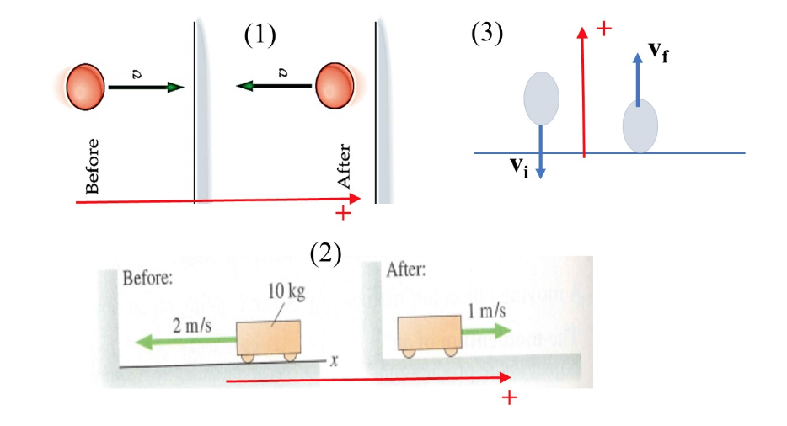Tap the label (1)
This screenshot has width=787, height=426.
coord(260,35)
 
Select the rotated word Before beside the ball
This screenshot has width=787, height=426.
coord(93,165)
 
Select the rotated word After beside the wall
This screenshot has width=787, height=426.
coord(343,166)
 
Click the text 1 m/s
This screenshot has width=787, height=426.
coord(487,311)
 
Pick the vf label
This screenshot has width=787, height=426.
coord(660,51)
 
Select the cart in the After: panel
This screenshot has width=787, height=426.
coord(431,333)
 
